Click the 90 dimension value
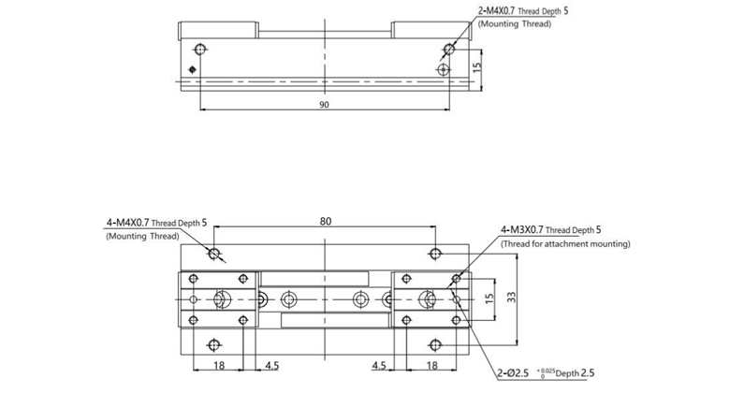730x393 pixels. [323, 106]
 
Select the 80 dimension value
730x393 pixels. [326, 222]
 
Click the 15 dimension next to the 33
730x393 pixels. [489, 298]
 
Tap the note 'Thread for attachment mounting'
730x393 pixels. [564, 243]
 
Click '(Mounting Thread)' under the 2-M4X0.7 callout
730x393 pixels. [515, 23]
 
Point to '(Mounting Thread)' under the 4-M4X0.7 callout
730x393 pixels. [141, 238]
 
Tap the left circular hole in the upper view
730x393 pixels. [198, 49]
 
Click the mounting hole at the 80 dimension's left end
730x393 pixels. [215, 254]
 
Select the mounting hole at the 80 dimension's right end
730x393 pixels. [434, 254]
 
